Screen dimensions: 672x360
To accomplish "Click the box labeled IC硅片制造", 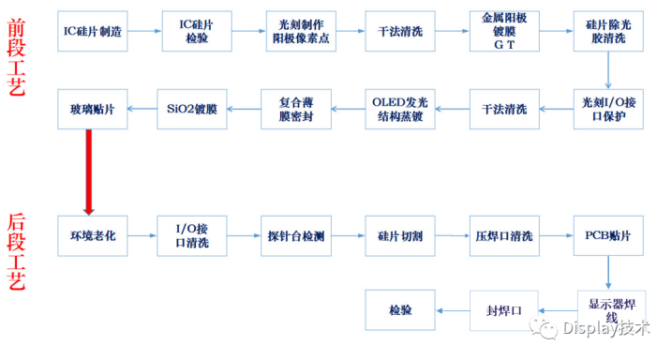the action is pyautogui.click(x=93, y=31).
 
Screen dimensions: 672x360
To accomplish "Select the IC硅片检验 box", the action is pyautogui.click(x=197, y=31).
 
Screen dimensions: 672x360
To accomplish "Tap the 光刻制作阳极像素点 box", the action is pyautogui.click(x=301, y=31).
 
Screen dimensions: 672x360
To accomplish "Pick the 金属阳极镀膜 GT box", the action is pyautogui.click(x=504, y=31).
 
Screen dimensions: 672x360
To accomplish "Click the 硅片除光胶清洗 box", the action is pyautogui.click(x=608, y=31).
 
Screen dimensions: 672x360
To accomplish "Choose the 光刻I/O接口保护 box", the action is pyautogui.click(x=608, y=110).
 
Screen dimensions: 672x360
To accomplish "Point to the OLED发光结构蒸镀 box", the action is pyautogui.click(x=400, y=110).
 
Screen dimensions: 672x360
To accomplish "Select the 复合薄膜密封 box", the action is pyautogui.click(x=296, y=110).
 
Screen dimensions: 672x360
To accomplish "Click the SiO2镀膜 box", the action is pyautogui.click(x=192, y=110).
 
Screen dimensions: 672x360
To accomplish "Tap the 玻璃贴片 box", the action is pyautogui.click(x=93, y=110).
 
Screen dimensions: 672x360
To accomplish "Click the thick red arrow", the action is pyautogui.click(x=89, y=172).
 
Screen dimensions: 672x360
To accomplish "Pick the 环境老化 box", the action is pyautogui.click(x=93, y=236).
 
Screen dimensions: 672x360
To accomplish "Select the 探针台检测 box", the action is pyautogui.click(x=296, y=236).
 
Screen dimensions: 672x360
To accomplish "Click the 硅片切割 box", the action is pyautogui.click(x=400, y=236).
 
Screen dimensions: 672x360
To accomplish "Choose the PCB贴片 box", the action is pyautogui.click(x=608, y=236).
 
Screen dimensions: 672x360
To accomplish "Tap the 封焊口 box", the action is pyautogui.click(x=504, y=310).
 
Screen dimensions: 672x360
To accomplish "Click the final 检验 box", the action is pyautogui.click(x=400, y=310).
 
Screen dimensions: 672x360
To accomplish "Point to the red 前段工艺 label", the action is pyautogui.click(x=16, y=57).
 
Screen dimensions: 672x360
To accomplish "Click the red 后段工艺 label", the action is pyautogui.click(x=16, y=252).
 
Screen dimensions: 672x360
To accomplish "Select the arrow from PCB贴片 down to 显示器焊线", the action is pyautogui.click(x=608, y=273).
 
